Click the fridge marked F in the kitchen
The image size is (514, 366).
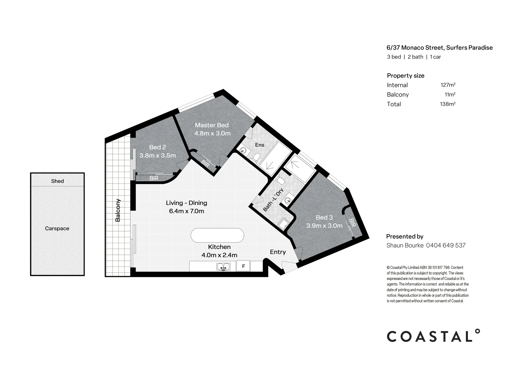coord(243,266)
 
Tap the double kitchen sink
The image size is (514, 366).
coord(223,267)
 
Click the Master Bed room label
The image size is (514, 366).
coord(212,125)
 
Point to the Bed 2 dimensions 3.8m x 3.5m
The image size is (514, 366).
coord(158,156)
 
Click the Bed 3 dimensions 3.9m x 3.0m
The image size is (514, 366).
coord(324,225)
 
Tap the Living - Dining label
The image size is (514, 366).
coord(186,203)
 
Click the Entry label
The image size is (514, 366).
coord(278,252)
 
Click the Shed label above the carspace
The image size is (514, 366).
coord(57,181)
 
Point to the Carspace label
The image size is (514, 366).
coord(57,228)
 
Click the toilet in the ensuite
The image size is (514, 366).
coord(256,157)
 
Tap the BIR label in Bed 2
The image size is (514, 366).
coord(154,178)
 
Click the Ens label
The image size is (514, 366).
coord(260,145)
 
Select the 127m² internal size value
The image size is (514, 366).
coord(448,85)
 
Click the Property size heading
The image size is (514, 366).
coord(405,76)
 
